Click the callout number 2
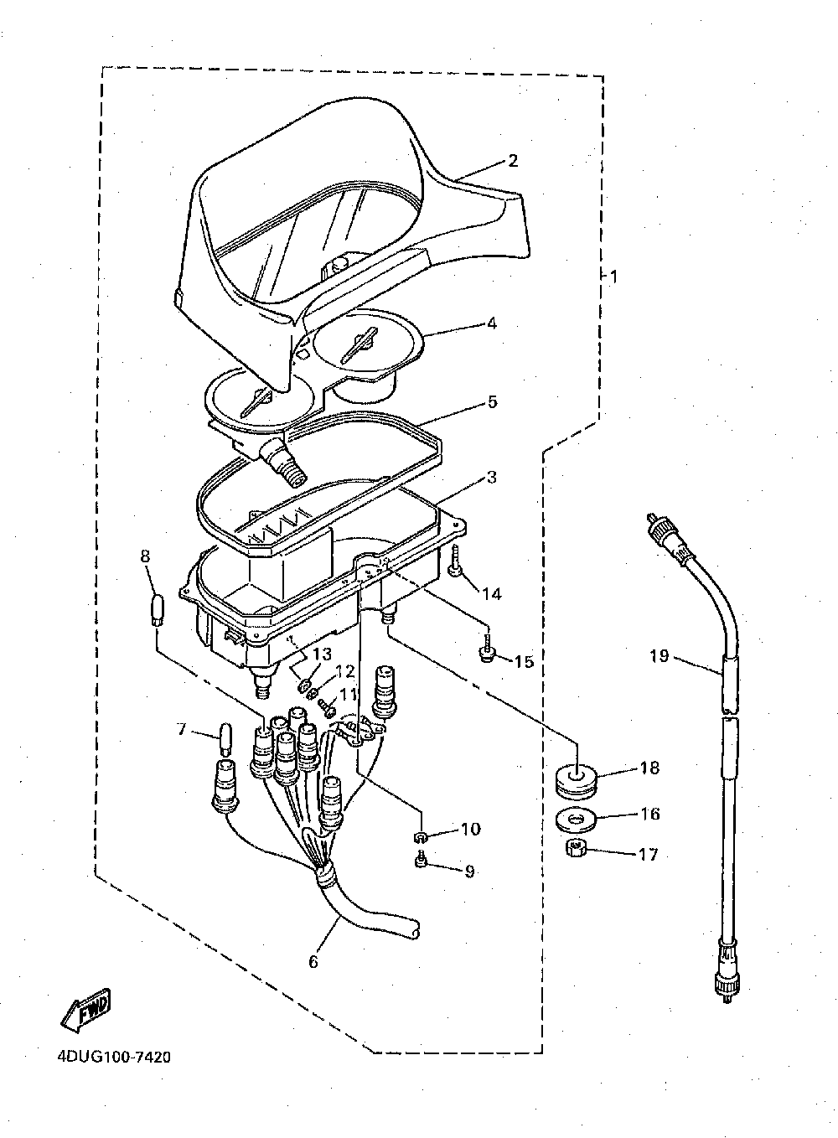point(513,161)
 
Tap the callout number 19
point(660,655)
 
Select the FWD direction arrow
point(85,1011)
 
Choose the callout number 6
point(313,962)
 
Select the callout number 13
point(322,654)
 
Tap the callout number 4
point(492,323)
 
